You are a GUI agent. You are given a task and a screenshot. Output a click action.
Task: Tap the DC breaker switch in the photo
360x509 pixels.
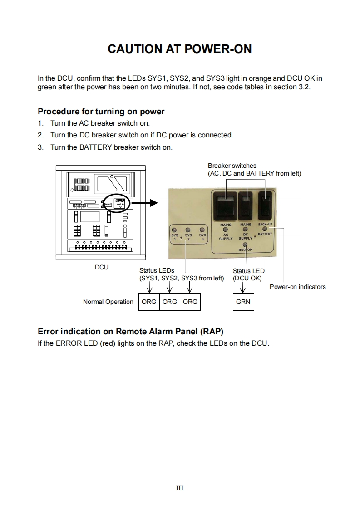[x=246, y=206]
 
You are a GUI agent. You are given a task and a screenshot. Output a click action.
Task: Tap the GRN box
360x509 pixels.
[x=243, y=302]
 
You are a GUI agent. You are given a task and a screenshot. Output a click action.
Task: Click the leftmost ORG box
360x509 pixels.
[x=148, y=302]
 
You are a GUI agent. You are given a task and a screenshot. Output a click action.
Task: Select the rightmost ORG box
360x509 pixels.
[x=190, y=302]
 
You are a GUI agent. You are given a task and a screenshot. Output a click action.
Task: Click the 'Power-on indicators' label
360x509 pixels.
[x=297, y=287]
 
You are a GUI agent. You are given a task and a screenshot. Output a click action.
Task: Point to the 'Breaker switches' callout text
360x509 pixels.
[x=232, y=166]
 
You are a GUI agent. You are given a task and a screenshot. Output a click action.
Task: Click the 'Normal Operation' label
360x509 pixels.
[x=108, y=302]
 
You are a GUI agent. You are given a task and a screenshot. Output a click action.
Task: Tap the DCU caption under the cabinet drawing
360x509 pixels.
[x=101, y=267]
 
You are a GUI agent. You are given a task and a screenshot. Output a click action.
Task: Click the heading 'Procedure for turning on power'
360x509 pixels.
[x=101, y=112]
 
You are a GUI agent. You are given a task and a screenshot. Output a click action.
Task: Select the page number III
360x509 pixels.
[x=180, y=488]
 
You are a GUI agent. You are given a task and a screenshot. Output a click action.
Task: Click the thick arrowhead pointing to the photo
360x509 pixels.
[x=153, y=203]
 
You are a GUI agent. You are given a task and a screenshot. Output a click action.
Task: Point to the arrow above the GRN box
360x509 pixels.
[x=243, y=289]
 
